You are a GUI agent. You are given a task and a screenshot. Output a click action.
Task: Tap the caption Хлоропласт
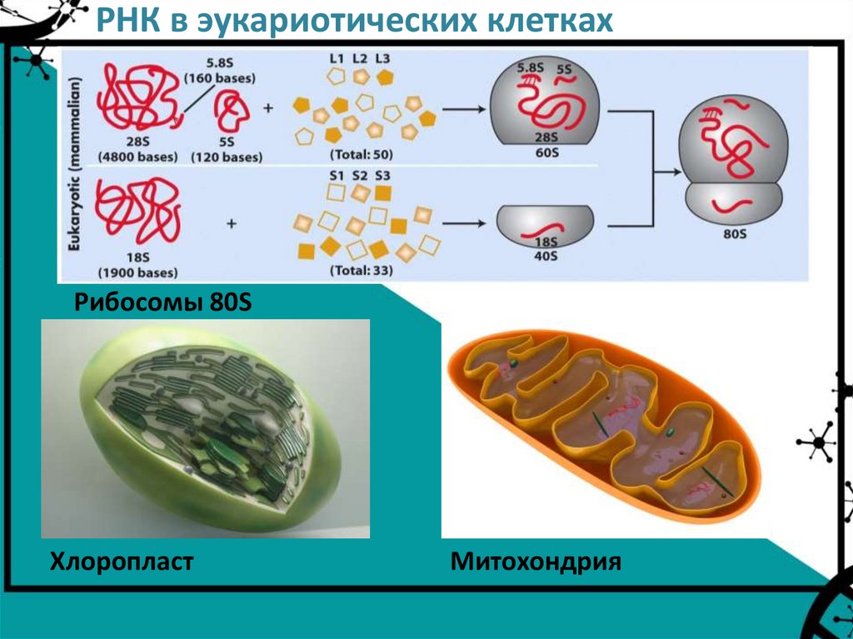(x=122, y=562)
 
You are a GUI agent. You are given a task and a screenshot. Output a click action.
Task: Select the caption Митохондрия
(x=536, y=562)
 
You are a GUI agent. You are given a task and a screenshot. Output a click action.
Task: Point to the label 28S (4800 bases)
(x=135, y=150)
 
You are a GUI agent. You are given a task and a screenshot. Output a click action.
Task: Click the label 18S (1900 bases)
(x=137, y=264)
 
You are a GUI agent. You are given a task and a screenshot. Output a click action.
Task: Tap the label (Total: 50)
(x=361, y=154)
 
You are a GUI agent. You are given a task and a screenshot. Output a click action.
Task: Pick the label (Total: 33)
(x=361, y=270)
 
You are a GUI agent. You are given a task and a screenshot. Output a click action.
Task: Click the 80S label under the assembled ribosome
(x=733, y=234)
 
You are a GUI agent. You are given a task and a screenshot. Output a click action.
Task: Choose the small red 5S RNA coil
(x=232, y=112)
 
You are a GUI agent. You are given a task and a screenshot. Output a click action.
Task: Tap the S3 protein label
(x=383, y=176)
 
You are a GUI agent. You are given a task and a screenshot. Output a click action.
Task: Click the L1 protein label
(x=337, y=59)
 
